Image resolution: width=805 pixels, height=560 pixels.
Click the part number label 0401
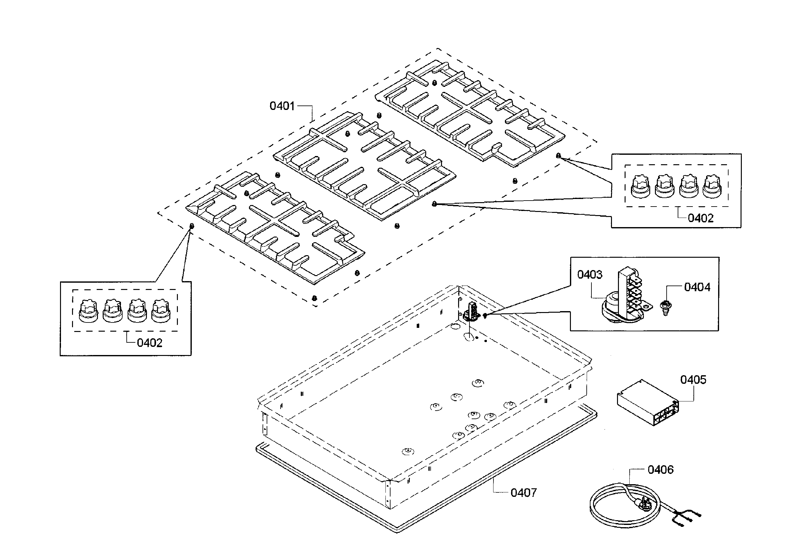(x=282, y=106)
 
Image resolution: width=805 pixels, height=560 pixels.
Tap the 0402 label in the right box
(x=700, y=218)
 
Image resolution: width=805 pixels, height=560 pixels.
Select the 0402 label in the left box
(x=149, y=343)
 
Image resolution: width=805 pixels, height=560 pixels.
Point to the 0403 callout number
(x=590, y=274)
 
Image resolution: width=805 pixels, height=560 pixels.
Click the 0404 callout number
(x=697, y=287)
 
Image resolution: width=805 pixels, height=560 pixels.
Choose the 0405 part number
(x=693, y=380)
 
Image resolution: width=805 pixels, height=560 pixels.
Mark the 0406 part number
(x=661, y=470)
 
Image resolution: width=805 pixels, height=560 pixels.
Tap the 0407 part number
(x=524, y=493)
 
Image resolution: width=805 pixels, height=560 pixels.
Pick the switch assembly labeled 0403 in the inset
(x=626, y=295)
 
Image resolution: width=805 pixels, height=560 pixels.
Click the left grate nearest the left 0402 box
(x=275, y=227)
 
